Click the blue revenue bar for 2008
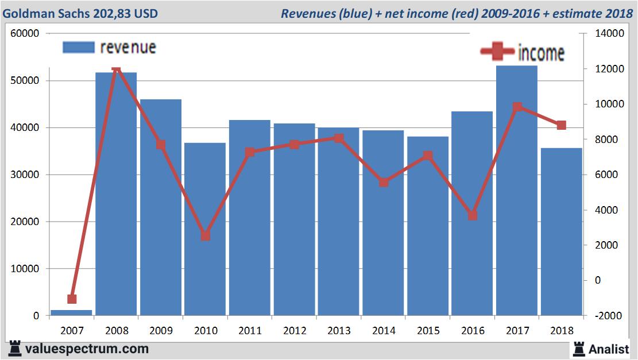116,195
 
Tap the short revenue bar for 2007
71,312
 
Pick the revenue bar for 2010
205,230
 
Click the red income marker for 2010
205,235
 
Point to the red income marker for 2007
72,299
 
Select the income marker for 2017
517,107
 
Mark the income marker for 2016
472,215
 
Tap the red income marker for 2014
383,182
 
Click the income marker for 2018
561,125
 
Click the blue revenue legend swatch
78,48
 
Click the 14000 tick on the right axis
609,34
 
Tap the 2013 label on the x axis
339,331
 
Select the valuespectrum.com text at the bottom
87,349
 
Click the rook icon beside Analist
579,348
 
